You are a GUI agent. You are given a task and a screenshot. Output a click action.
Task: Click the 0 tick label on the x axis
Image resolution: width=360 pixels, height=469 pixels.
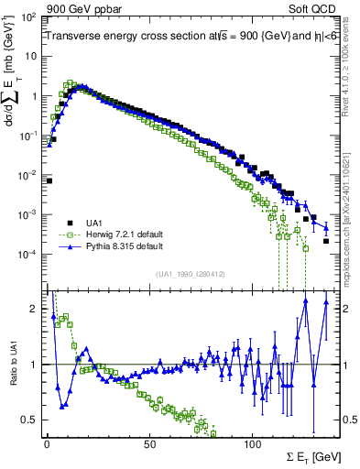[46, 445]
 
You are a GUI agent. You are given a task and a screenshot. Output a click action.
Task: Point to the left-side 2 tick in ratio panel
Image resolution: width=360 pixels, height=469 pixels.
[34, 309]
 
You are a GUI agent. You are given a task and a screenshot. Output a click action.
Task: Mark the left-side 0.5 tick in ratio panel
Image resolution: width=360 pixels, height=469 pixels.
[30, 420]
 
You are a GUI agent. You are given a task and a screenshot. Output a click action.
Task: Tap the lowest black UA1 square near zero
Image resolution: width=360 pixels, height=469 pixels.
[49, 180]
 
